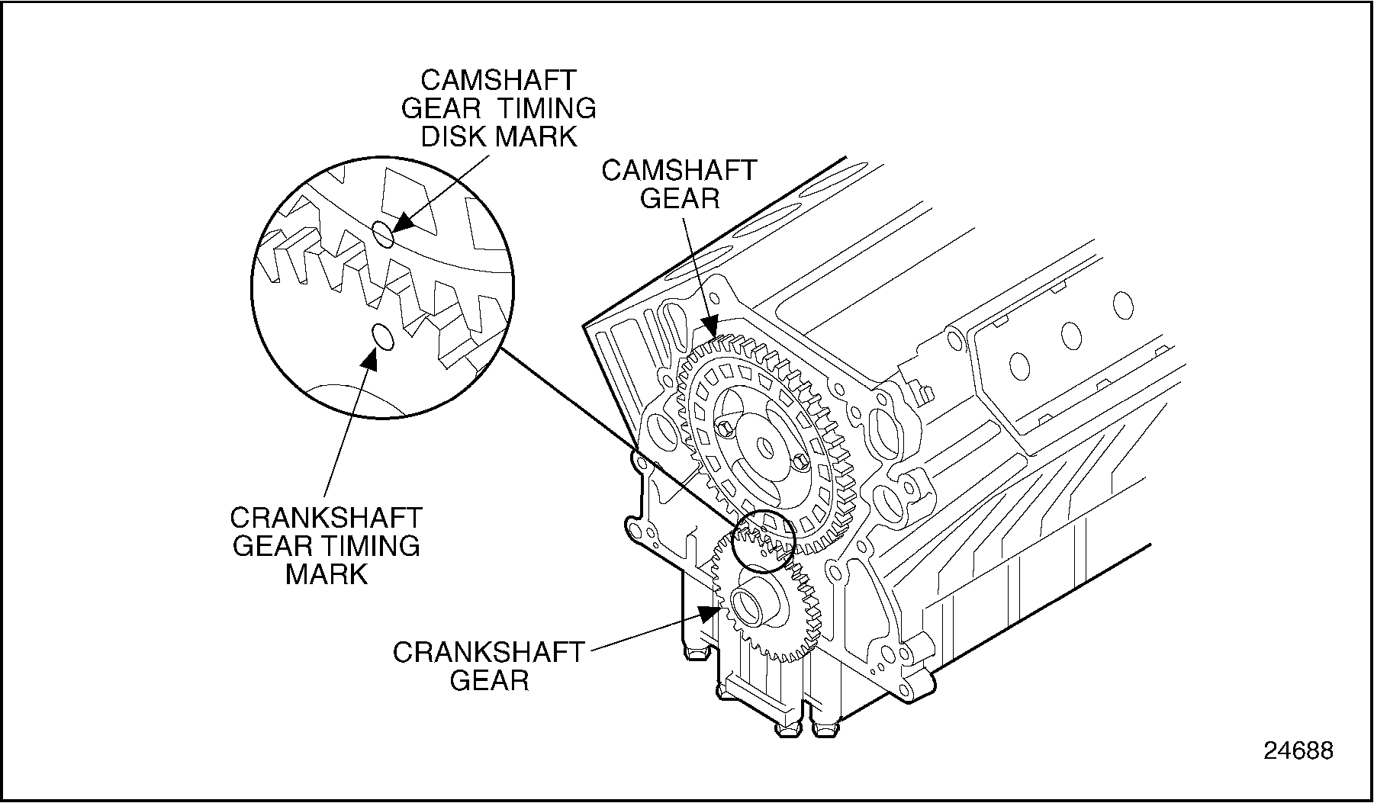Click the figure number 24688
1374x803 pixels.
[1298, 750]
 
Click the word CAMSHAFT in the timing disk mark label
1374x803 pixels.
[498, 80]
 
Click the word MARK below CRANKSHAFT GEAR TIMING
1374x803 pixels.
[327, 574]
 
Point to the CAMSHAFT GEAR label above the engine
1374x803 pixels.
[678, 184]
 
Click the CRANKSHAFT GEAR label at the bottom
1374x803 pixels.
[489, 666]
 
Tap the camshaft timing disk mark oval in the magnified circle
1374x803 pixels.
[384, 234]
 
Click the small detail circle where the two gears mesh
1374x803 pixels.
[763, 541]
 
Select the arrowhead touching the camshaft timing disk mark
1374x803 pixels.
[401, 223]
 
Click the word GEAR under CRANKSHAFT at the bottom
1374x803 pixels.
[489, 679]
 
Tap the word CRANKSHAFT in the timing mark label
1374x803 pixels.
[326, 518]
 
